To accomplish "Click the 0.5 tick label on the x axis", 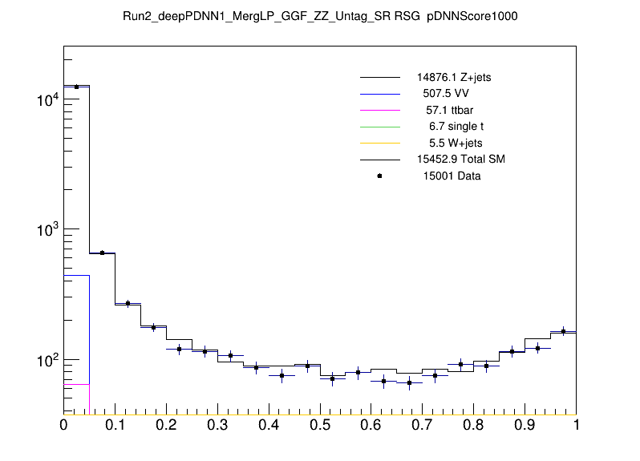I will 319,427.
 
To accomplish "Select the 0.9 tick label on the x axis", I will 525,427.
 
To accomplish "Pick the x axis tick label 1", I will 576,427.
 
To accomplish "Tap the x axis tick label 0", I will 63,427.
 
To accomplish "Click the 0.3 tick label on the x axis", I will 217,427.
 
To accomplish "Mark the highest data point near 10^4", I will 76,87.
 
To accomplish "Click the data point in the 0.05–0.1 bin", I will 102,253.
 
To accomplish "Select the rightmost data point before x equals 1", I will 563,331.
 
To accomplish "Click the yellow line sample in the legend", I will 379,143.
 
